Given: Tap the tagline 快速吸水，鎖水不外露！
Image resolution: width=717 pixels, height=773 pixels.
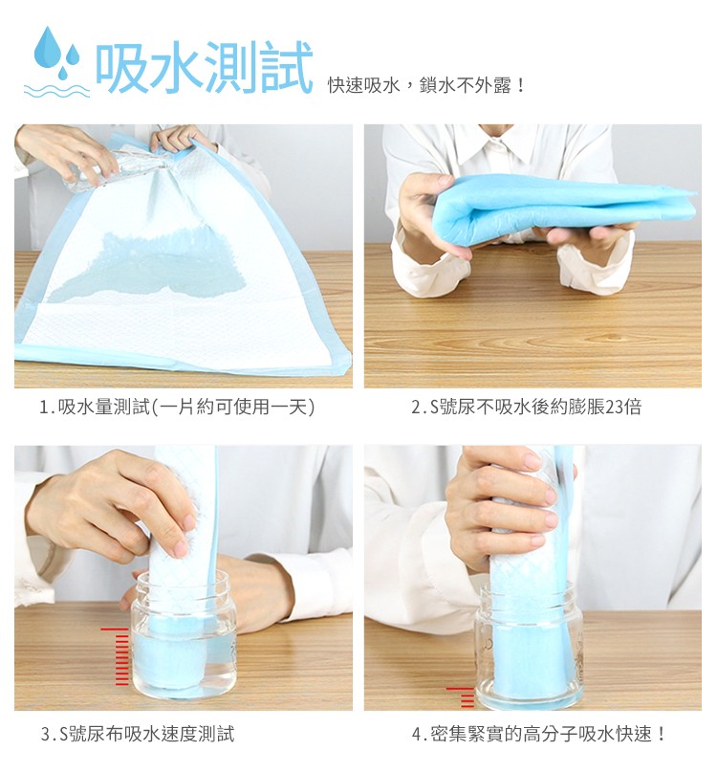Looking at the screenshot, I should point(426,86).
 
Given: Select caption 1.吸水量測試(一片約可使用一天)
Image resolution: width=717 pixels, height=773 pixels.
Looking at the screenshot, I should point(177,408).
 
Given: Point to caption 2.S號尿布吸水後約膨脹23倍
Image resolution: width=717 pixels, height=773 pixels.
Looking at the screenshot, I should point(526,408).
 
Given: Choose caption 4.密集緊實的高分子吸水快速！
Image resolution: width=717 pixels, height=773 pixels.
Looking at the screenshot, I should point(539,735).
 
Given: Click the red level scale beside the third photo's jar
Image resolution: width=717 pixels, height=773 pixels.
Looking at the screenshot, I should point(118,656).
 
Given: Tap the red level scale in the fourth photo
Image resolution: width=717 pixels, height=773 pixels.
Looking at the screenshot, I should point(463,696).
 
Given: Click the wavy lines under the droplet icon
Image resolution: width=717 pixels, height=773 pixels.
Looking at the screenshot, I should point(55,88).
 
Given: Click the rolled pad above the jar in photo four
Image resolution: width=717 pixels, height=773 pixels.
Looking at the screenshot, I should point(522,536).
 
